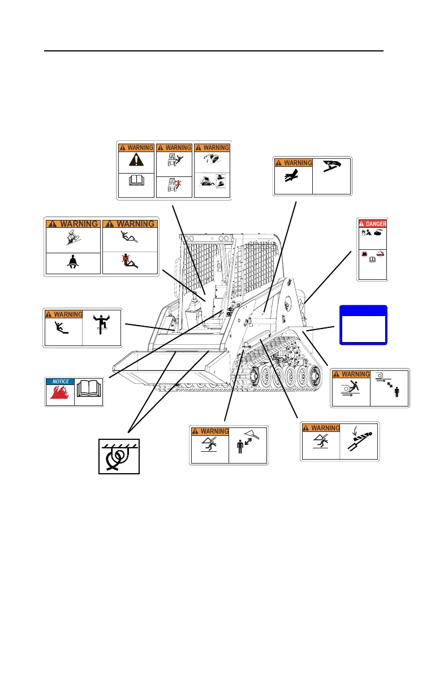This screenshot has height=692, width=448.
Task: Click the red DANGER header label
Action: click(x=372, y=223)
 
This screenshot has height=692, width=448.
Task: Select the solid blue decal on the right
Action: click(x=363, y=325)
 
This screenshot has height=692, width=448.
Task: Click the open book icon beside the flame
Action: click(x=89, y=391)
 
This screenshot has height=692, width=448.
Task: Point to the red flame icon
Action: click(x=59, y=395)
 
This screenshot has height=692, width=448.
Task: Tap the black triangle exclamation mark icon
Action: click(x=136, y=160)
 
